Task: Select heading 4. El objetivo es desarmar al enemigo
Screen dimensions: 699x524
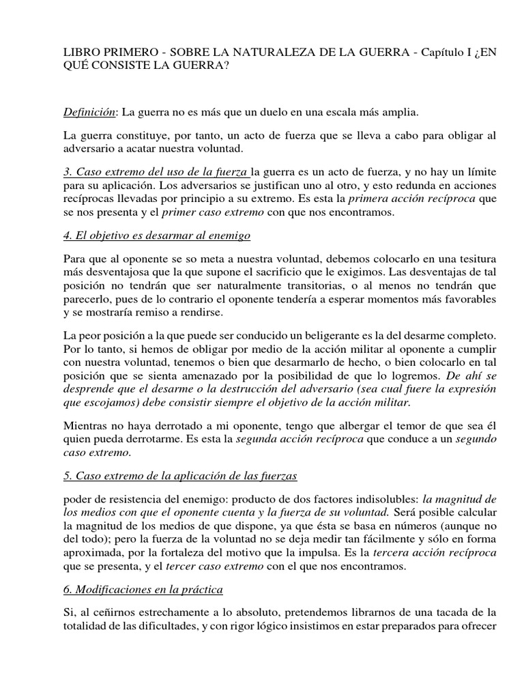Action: pos(157,236)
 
